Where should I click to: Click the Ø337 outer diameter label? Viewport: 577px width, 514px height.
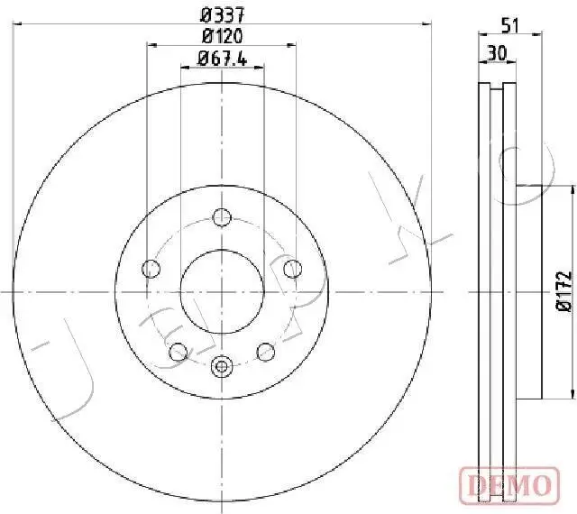(221, 14)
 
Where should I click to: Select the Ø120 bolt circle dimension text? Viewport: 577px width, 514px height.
(221, 36)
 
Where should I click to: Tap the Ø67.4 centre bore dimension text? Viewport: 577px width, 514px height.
(222, 60)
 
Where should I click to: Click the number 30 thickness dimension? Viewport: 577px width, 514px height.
(495, 52)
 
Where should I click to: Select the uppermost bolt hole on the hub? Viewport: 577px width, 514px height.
(222, 216)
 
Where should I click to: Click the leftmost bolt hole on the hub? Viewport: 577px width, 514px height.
(151, 268)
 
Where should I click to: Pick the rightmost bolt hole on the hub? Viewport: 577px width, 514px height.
(291, 268)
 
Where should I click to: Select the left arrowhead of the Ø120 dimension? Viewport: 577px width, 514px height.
(151, 44)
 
